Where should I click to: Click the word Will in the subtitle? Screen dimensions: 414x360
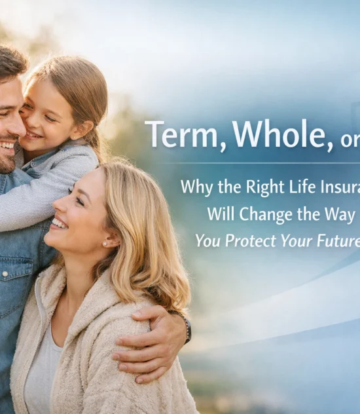223,214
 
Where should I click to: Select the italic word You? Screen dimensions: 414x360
208,241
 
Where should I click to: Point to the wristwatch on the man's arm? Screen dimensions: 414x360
187,328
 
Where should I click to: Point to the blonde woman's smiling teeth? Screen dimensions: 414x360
59,225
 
